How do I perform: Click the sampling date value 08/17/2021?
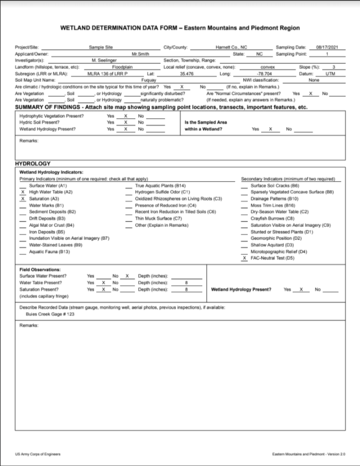pos(328,47)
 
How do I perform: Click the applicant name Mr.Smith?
pos(137,53)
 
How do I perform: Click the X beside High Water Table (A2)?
pos(22,192)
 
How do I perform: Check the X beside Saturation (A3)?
pos(22,198)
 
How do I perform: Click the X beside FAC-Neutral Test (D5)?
pos(244,258)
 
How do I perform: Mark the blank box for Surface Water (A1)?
pos(22,185)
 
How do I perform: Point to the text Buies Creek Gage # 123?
pos(46,314)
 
